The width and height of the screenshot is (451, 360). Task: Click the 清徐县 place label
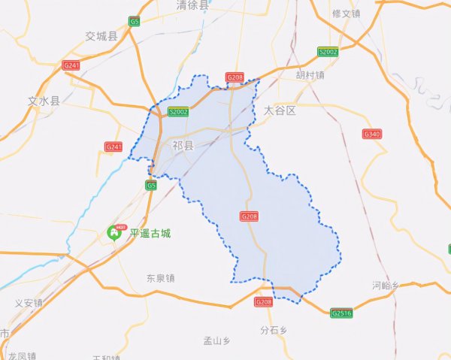(x=191, y=5)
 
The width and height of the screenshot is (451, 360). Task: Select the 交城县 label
(x=101, y=36)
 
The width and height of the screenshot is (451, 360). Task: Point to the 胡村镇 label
(x=310, y=75)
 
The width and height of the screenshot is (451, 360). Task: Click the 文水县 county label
(x=43, y=100)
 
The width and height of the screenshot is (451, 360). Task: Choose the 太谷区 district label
(x=280, y=110)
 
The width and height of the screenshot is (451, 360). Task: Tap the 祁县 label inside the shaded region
(x=183, y=144)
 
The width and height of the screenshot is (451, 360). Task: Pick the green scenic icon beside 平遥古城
(x=117, y=231)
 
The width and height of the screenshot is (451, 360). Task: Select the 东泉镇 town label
(x=160, y=277)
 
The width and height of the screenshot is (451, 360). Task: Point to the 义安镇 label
(x=29, y=303)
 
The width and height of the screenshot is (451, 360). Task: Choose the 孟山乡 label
(x=218, y=340)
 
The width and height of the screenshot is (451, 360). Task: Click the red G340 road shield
(x=372, y=134)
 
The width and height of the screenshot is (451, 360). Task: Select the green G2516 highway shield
(x=341, y=313)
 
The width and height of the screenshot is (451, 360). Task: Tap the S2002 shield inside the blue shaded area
(x=178, y=112)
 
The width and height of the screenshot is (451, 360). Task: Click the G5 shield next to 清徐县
(x=135, y=21)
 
